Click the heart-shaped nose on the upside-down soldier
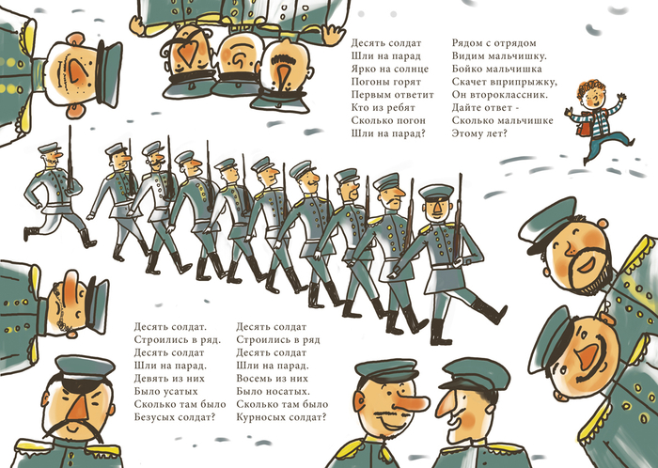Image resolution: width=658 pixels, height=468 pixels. [x=189, y=50]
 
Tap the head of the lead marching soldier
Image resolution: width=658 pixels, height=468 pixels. [x=437, y=202]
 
